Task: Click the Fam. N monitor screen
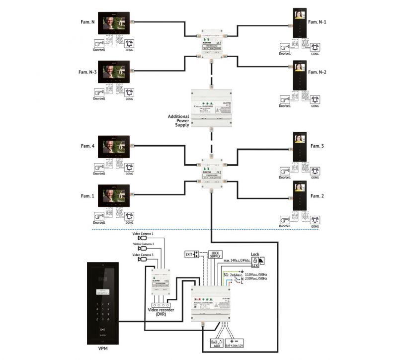[x=114, y=24]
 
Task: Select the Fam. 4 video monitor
[x=114, y=148]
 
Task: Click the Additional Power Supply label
[x=178, y=121]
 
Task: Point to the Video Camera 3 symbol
[x=143, y=259]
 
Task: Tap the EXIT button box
[x=192, y=254]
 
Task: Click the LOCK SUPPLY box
[x=215, y=255]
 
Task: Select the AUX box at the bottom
[x=217, y=343]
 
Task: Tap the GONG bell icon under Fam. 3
[x=315, y=171]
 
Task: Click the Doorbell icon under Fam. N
[x=99, y=44]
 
